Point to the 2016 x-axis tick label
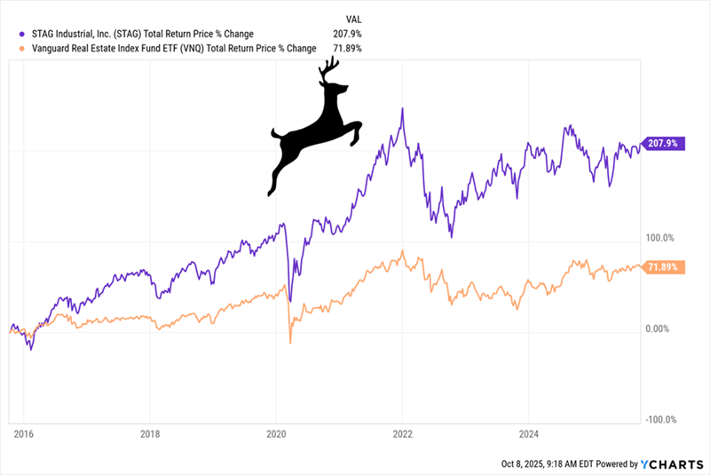tap(24, 435)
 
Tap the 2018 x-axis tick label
tap(150, 435)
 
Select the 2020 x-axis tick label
tap(276, 435)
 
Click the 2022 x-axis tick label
tap(402, 435)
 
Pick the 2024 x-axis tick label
tap(528, 435)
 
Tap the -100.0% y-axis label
tap(661, 420)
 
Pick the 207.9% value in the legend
tap(346, 34)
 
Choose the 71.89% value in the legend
tap(346, 48)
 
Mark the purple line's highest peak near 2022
tap(403, 109)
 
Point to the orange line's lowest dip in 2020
tap(290, 343)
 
